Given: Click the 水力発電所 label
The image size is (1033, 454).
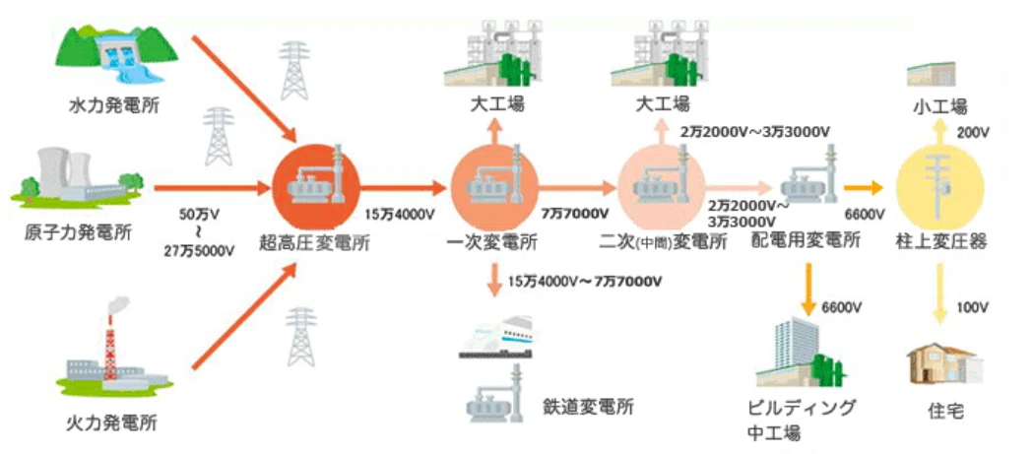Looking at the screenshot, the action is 113,106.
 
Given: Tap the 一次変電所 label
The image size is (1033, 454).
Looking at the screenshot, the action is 492,243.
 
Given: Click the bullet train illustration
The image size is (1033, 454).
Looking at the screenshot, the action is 496,337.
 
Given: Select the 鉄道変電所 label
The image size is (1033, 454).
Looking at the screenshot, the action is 588,406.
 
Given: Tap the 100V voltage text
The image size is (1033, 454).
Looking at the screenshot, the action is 972,307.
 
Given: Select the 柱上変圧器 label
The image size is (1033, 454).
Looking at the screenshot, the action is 940,241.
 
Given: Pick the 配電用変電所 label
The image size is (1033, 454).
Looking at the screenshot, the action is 806,241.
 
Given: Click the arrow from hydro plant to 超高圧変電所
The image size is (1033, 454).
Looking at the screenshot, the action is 244,89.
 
